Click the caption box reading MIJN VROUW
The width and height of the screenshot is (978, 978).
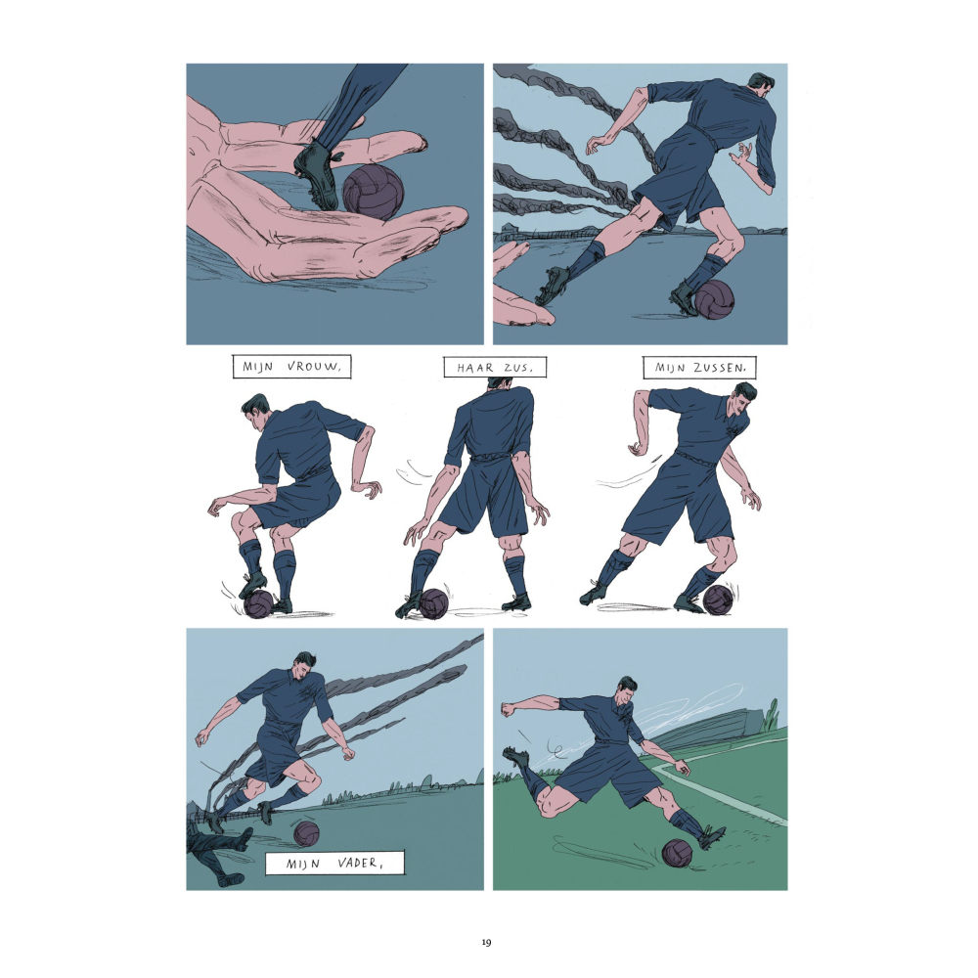point(291,367)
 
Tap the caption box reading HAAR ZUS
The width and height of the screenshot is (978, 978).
point(495,367)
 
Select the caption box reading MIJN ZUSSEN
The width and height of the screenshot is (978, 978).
point(699,367)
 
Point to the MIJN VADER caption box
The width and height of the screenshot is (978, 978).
point(334,864)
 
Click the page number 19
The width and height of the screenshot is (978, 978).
point(486,942)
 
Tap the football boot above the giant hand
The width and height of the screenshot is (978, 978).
point(318,175)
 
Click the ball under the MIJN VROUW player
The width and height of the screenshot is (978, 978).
point(258,603)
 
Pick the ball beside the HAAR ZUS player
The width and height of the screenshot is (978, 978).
point(434,603)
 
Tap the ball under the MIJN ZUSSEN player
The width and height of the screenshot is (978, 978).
point(717,599)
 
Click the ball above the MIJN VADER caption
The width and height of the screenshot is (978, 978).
point(306,833)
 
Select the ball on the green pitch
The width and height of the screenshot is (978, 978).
point(678,853)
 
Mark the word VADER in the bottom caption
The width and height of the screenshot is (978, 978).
point(356,864)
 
